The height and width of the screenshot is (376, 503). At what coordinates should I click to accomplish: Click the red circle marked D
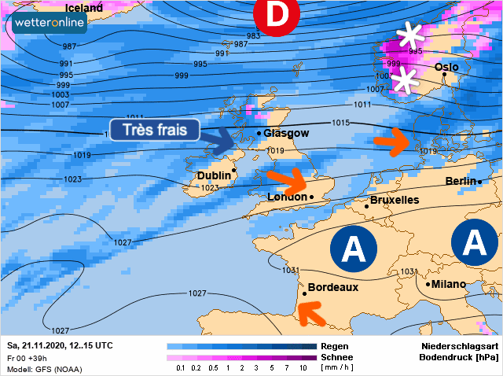point(277,14)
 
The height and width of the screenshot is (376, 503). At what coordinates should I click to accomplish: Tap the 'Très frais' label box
point(154,130)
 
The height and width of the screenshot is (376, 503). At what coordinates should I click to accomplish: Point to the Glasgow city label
point(286,133)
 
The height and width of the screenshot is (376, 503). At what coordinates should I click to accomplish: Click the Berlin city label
point(461,182)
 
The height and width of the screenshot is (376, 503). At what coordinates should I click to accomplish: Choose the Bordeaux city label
point(332,287)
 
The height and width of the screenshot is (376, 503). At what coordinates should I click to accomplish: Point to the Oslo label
point(446,68)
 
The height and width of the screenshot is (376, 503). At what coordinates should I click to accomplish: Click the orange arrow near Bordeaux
point(312,315)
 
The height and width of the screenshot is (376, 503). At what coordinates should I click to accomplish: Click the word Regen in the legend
point(335,346)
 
